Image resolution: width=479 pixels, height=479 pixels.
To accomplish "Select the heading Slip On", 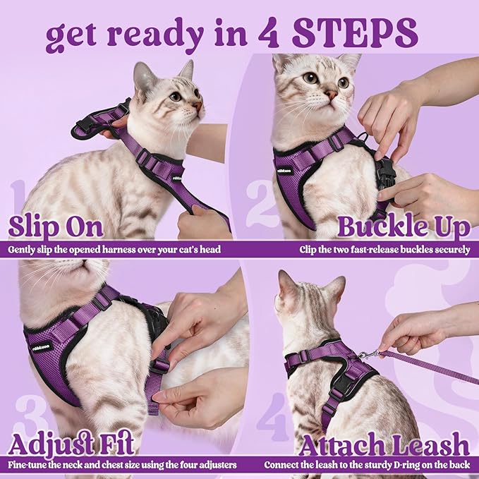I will coord(56,227).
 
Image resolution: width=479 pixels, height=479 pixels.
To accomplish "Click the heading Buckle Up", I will coord(403,227).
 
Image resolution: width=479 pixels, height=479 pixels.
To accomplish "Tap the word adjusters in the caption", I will coord(211,465).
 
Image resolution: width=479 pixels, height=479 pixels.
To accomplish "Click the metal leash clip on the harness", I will coord(365,355).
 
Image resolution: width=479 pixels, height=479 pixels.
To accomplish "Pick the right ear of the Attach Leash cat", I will coord(336,287).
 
